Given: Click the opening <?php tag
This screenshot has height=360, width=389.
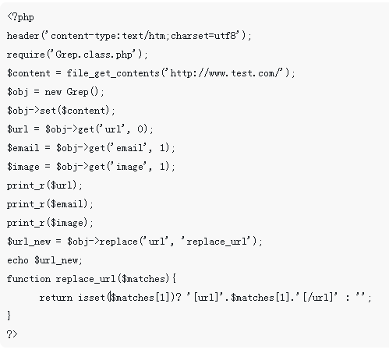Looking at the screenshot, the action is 20,17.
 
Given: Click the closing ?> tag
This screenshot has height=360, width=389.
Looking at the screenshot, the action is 12,334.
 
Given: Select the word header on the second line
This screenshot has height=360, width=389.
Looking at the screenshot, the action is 23,35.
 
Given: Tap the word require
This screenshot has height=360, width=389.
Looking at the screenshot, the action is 26,55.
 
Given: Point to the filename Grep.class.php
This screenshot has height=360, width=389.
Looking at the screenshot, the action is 94,55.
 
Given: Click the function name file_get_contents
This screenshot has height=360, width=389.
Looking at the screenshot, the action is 113,73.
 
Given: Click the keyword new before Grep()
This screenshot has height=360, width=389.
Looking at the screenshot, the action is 53,92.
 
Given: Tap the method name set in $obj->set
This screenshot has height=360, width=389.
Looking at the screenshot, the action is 48,111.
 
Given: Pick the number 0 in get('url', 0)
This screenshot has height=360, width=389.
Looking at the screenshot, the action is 140,129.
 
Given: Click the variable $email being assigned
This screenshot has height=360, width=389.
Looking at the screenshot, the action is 23,148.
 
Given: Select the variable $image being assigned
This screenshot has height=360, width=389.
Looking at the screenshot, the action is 23,167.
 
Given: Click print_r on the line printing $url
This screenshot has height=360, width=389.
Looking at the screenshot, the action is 26,185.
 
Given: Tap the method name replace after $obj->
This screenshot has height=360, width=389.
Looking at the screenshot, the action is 118,242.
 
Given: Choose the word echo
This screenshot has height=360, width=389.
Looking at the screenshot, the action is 18,260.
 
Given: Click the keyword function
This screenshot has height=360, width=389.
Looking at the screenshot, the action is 29,279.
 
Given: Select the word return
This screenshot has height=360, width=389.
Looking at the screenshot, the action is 56,298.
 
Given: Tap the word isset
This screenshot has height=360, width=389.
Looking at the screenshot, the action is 91,298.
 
